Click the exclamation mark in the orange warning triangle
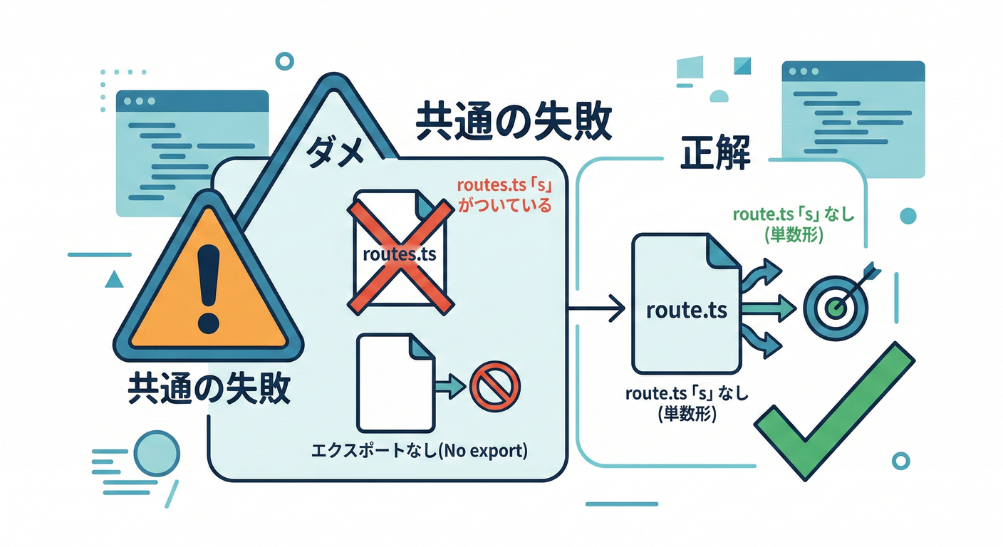tap(209, 288)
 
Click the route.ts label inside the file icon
tap(686, 311)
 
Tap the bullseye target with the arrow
tap(834, 304)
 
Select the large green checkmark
tap(833, 413)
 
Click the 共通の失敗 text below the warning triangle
tap(208, 390)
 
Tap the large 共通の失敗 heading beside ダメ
tap(513, 123)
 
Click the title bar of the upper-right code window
tap(853, 71)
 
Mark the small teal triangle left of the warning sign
tap(114, 279)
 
